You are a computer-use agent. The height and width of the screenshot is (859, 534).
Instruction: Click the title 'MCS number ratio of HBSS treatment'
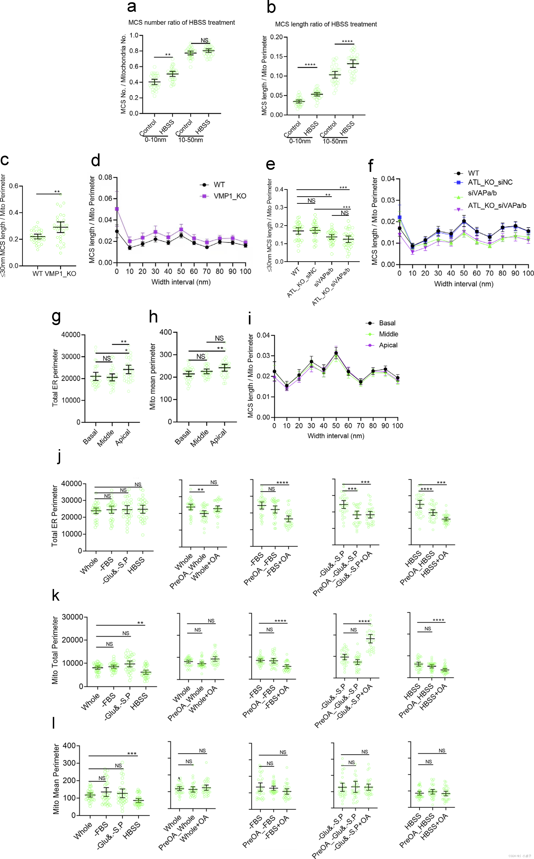point(182,23)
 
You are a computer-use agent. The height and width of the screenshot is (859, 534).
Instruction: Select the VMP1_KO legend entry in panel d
point(230,196)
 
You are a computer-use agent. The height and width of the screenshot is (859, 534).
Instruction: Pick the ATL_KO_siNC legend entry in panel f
point(490,182)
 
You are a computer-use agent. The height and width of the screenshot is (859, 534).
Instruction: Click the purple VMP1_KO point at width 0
point(117,209)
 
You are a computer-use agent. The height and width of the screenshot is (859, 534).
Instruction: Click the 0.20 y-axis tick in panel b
point(276,37)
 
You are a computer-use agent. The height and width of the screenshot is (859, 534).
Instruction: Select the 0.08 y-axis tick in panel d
point(105,177)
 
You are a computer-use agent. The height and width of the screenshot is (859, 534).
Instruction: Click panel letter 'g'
point(56,317)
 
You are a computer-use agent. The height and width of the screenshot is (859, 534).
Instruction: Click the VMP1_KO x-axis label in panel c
point(60,274)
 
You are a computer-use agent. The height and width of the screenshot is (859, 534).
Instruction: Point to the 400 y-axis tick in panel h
point(166,332)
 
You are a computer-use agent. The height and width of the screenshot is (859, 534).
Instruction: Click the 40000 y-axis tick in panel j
point(72,483)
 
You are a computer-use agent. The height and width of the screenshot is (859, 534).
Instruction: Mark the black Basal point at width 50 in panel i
point(336,353)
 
